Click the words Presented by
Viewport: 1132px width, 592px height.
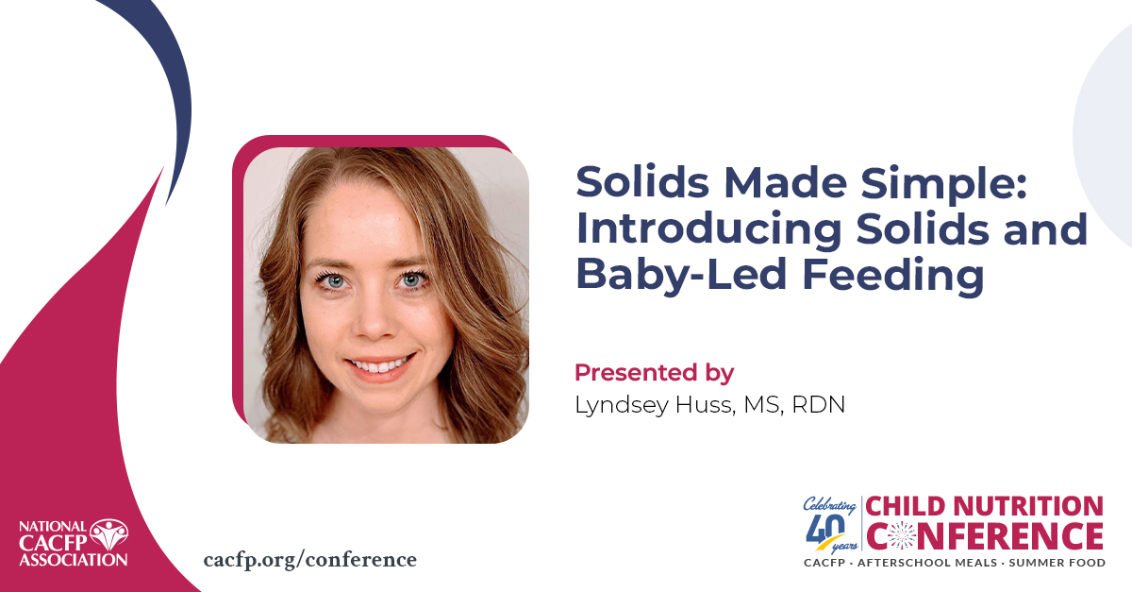click(654, 372)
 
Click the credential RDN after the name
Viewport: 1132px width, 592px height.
click(819, 404)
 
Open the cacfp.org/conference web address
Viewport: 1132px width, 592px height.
click(309, 559)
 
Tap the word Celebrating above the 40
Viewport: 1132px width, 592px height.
click(829, 503)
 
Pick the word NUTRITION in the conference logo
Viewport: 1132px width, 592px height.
click(1027, 507)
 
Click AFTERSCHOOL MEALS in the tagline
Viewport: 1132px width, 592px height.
click(931, 563)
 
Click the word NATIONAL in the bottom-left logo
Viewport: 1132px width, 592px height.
click(52, 526)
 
